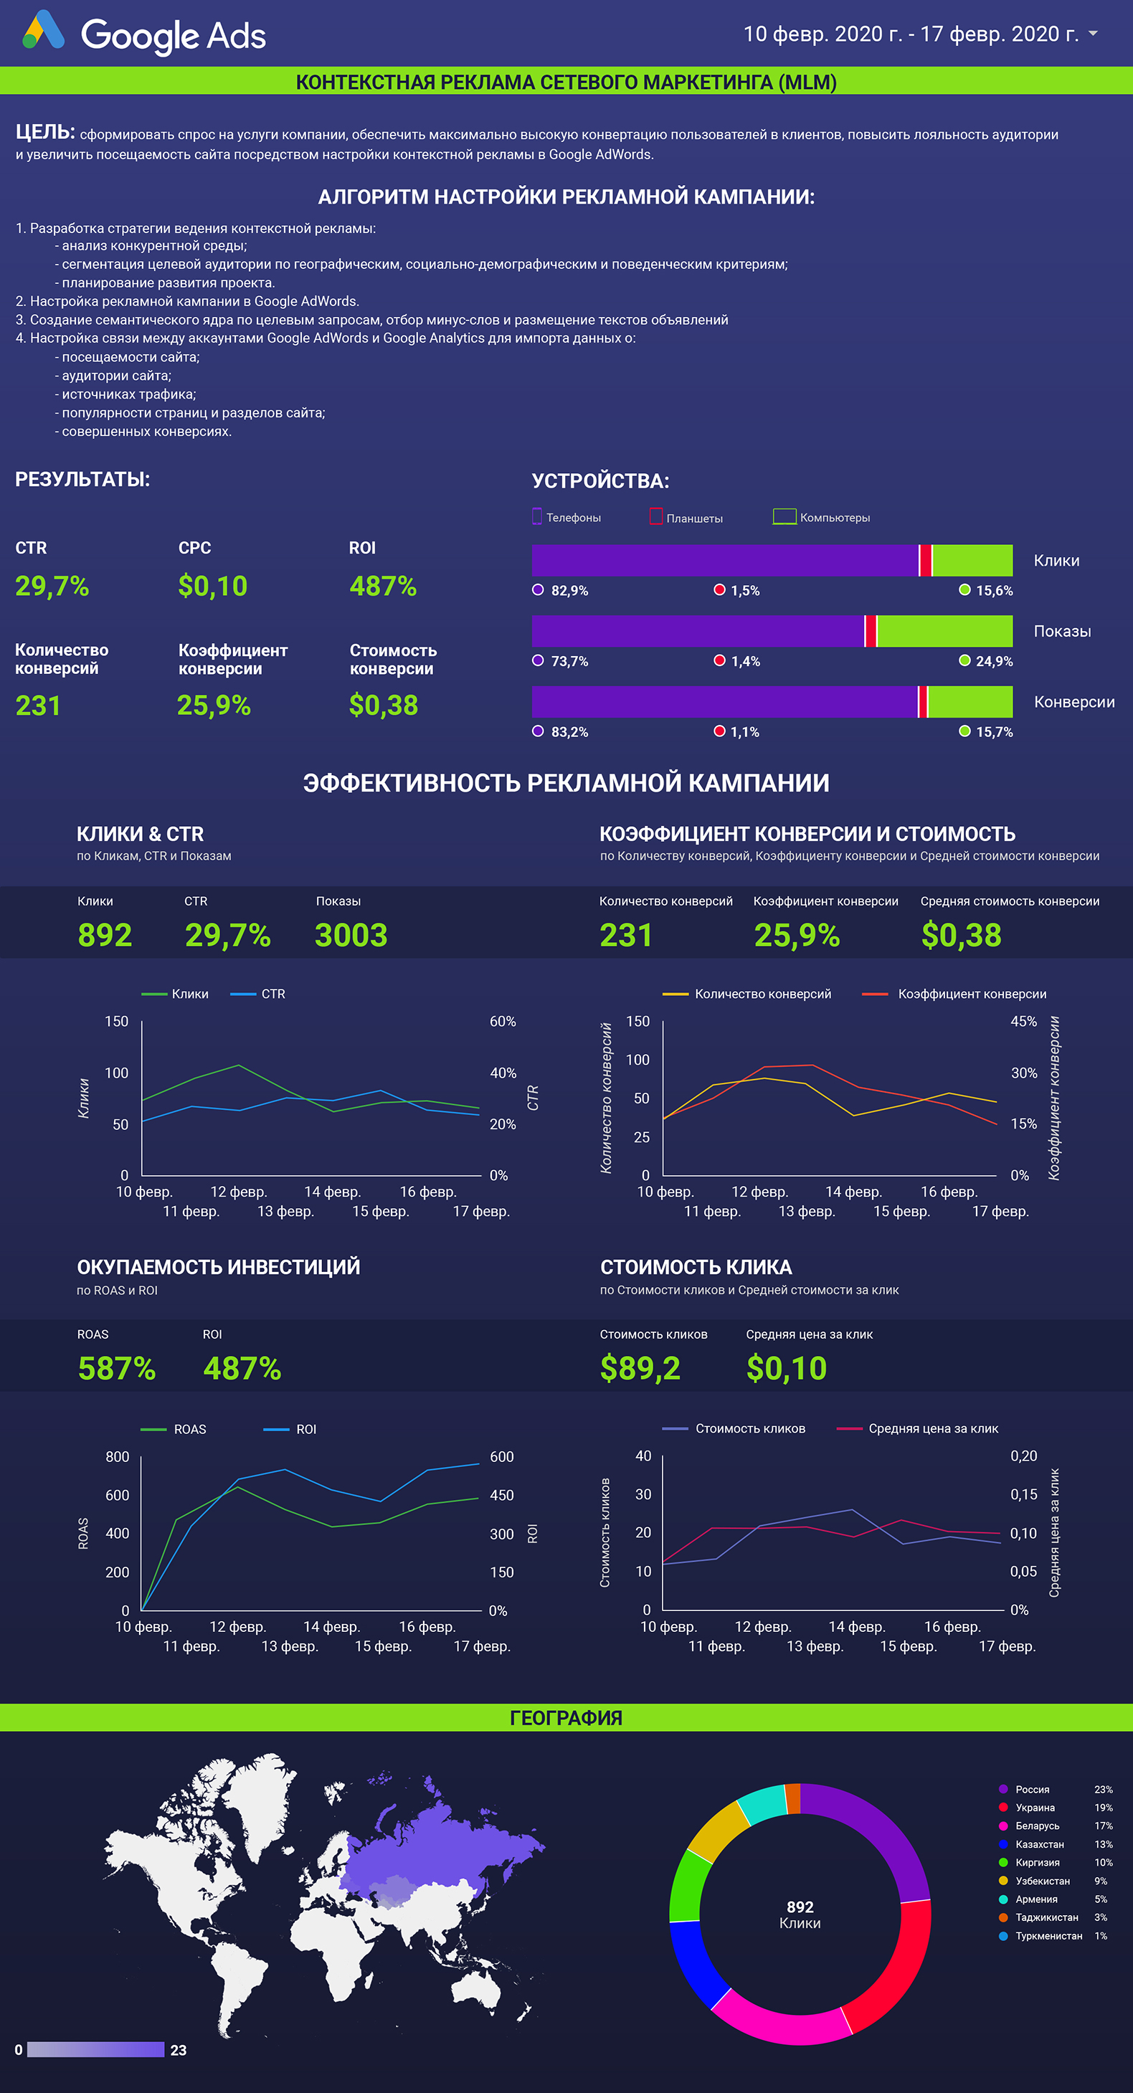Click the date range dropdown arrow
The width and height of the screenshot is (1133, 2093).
(1093, 33)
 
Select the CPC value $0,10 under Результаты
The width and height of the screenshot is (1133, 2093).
(213, 586)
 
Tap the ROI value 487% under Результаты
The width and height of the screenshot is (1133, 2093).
(383, 586)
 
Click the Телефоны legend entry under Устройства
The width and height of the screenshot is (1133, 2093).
(566, 517)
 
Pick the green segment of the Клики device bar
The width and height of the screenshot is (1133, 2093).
(972, 560)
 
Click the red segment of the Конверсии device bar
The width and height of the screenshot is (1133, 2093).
(922, 701)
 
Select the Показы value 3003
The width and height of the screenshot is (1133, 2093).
(351, 934)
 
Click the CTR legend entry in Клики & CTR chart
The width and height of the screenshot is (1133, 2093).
(257, 994)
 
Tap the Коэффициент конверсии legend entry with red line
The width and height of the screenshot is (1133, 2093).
(954, 994)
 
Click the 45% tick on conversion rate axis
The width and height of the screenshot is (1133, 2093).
(1024, 1021)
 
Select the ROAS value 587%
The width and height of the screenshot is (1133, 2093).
(117, 1368)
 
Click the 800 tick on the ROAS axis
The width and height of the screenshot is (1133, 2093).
(117, 1457)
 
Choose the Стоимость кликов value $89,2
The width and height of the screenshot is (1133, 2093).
(640, 1368)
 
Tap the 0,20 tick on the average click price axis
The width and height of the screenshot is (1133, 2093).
(1024, 1456)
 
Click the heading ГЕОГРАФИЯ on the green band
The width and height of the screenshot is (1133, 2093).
(566, 1717)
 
